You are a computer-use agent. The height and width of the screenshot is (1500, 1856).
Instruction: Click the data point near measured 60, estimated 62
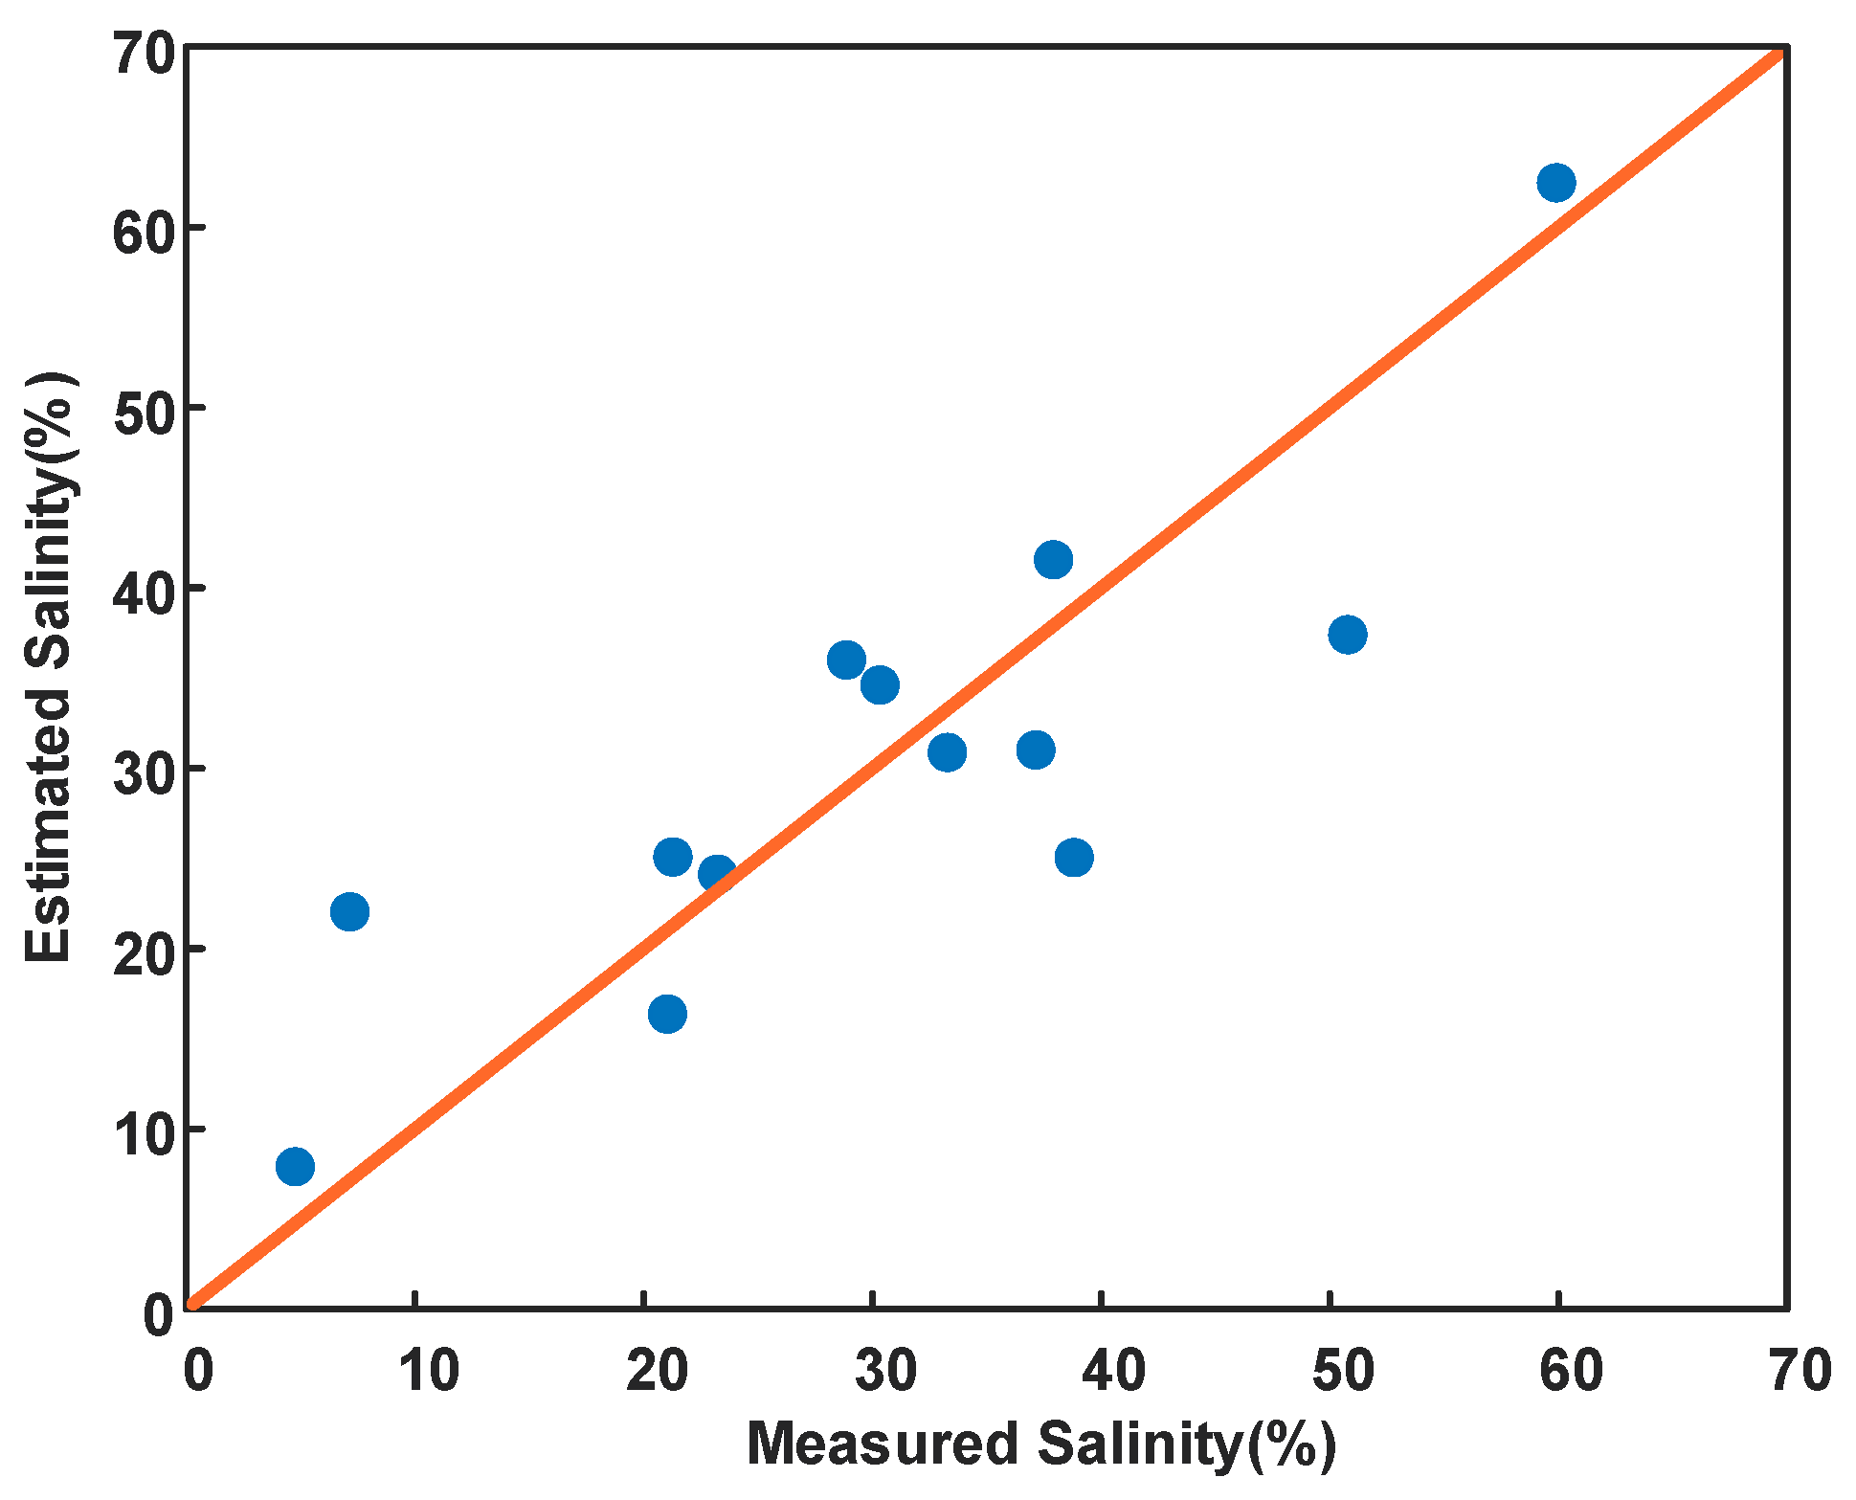(x=1555, y=182)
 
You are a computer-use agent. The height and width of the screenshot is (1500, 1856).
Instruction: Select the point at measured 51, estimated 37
(x=1347, y=634)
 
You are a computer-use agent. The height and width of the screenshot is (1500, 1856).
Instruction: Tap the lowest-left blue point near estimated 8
(x=295, y=1166)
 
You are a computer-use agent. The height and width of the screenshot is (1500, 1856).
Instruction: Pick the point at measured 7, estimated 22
(x=349, y=911)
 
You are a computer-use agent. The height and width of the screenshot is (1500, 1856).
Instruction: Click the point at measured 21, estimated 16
(x=667, y=1014)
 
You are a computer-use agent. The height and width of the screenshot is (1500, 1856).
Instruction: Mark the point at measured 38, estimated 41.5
(x=1053, y=559)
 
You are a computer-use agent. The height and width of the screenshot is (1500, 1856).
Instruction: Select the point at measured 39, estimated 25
(x=1074, y=857)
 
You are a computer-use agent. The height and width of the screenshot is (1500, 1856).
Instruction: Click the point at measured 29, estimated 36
(x=846, y=660)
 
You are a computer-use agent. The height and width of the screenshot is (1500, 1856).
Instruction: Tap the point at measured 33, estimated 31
(x=947, y=752)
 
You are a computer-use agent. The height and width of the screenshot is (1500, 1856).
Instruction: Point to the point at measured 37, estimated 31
(x=1036, y=750)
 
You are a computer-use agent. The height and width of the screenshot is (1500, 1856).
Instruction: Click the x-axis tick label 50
(x=1342, y=1370)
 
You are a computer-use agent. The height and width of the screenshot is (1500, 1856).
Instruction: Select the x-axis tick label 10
(x=428, y=1370)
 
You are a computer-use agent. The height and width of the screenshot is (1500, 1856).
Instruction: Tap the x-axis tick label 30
(x=885, y=1370)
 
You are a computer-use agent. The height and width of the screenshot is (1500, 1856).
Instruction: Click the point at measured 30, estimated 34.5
(x=880, y=684)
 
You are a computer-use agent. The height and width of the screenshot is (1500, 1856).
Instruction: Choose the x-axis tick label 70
(x=1800, y=1370)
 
